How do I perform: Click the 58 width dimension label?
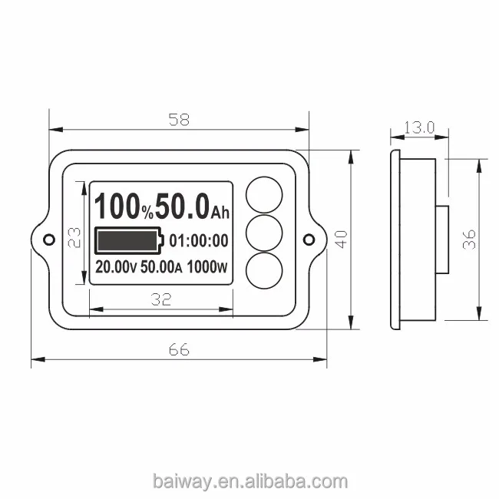[x=179, y=120]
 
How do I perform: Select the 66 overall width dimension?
[x=179, y=350]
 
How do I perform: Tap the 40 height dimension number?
[x=342, y=240]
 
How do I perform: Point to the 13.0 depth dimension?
[x=419, y=127]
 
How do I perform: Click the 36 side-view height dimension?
[x=469, y=240]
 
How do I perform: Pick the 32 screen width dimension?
[x=161, y=299]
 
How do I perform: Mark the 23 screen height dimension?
[x=74, y=237]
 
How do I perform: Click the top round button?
[x=264, y=195]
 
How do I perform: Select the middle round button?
[x=264, y=233]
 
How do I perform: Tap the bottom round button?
[x=264, y=270]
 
